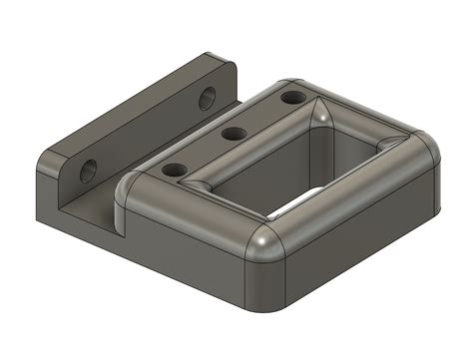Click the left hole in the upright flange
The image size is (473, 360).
(x=88, y=170)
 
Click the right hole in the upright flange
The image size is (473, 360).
(x=207, y=97)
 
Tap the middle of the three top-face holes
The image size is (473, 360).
(x=234, y=134)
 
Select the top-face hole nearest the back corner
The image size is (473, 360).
(x=292, y=98)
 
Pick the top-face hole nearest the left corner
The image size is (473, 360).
(x=174, y=171)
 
